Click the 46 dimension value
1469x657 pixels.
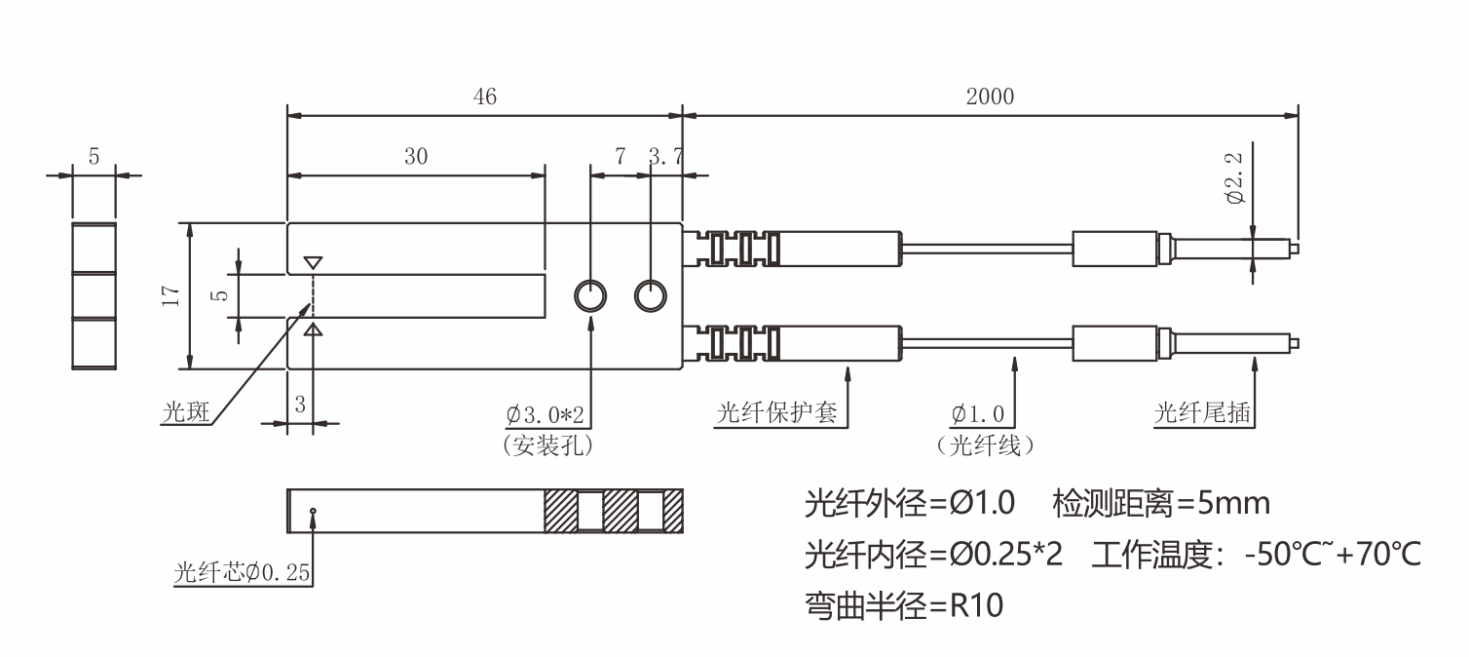pyautogui.click(x=484, y=97)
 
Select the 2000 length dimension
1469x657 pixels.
pyautogui.click(x=990, y=97)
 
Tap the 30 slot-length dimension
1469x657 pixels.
pyautogui.click(x=416, y=157)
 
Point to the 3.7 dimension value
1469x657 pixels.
pyautogui.click(x=665, y=157)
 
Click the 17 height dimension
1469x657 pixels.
pyautogui.click(x=172, y=296)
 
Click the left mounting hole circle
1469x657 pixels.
pyautogui.click(x=590, y=295)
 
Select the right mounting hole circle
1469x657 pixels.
pyautogui.click(x=651, y=295)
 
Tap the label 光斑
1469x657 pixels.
pyautogui.click(x=183, y=413)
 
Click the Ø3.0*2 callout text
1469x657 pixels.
pyautogui.click(x=546, y=414)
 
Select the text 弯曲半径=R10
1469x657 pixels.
pyautogui.click(x=903, y=605)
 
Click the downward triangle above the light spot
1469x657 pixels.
pyautogui.click(x=313, y=263)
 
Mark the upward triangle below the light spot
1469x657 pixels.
pyautogui.click(x=313, y=331)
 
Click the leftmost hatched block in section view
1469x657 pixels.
pyautogui.click(x=561, y=510)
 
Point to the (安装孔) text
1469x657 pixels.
pyautogui.click(x=548, y=445)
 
